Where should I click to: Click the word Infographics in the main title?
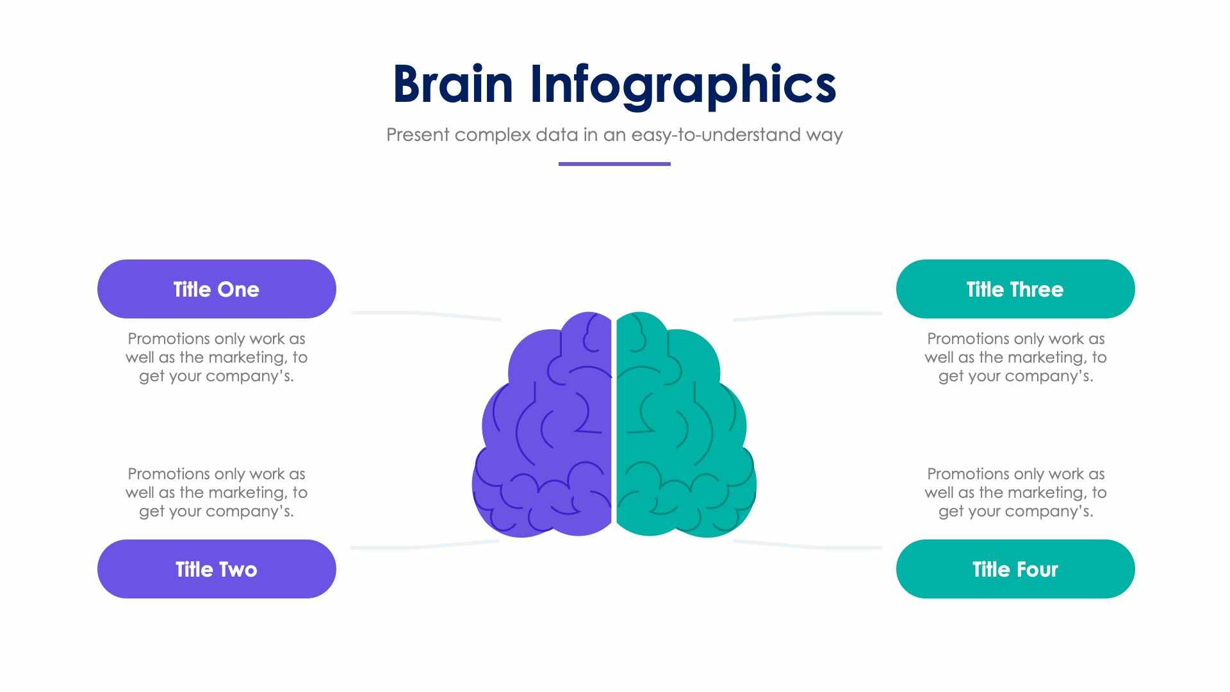coord(683,85)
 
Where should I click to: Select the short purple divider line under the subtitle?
coord(614,164)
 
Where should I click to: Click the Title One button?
coord(217,289)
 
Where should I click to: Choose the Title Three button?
coord(1015,289)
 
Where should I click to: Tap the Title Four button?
coord(1015,569)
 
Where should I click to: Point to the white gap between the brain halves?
coord(614,423)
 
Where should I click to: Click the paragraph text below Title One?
coord(217,357)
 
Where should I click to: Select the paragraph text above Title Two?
coord(217,492)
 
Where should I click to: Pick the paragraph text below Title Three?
coord(1015,357)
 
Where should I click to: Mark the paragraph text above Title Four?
coord(1015,492)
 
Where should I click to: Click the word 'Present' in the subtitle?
coord(418,135)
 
